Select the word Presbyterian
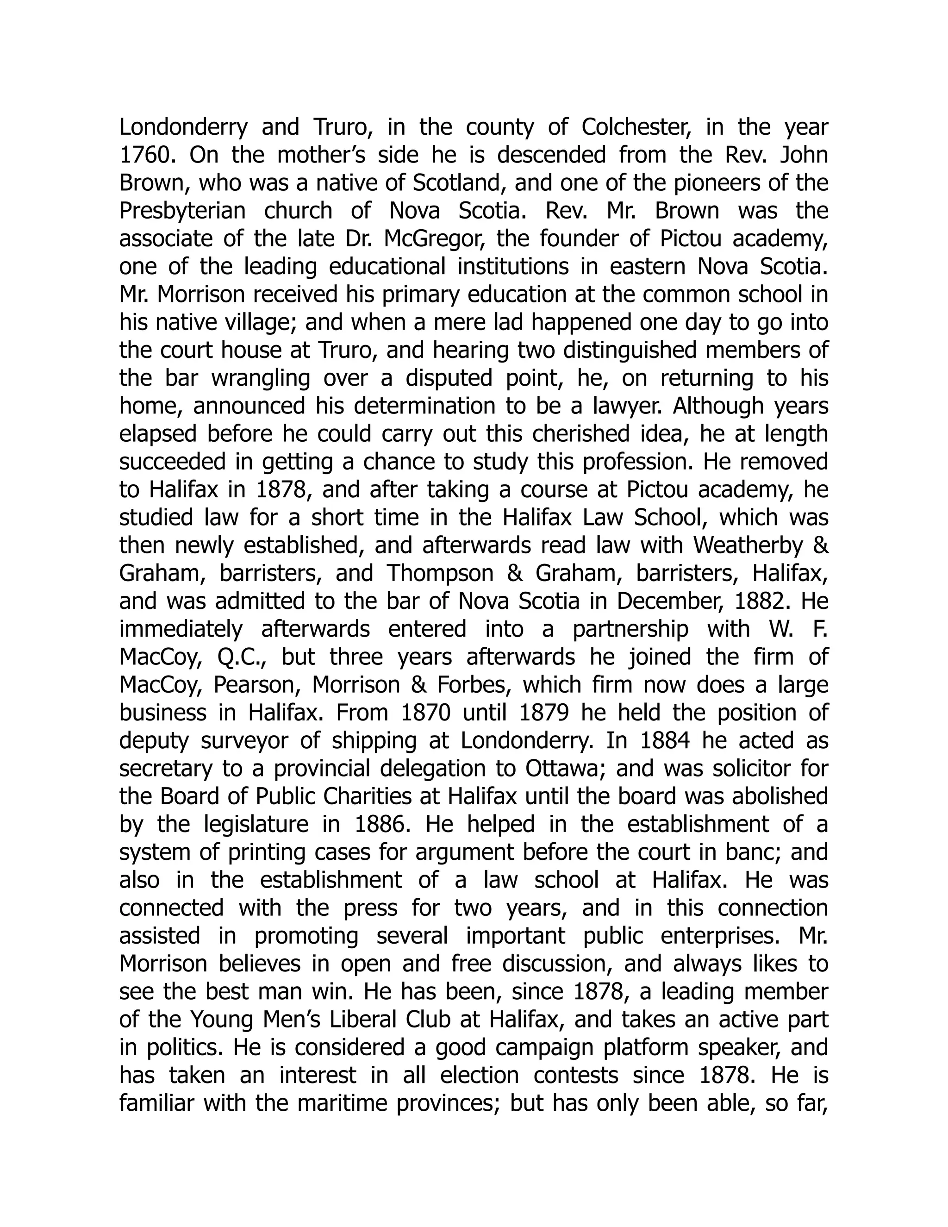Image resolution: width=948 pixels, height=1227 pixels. point(182,211)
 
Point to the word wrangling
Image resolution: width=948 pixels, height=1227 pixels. point(261,379)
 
